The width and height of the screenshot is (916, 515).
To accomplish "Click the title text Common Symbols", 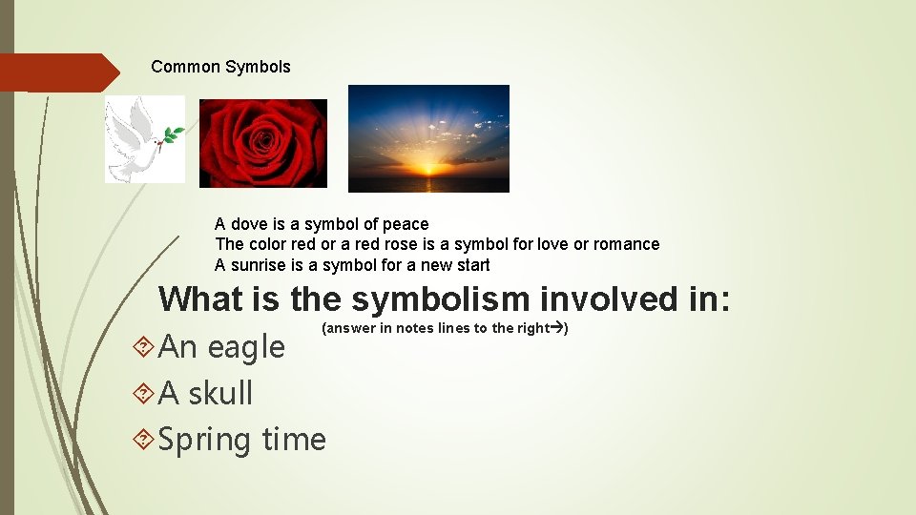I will pos(220,67).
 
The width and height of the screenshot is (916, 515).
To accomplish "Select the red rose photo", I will pos(262,143).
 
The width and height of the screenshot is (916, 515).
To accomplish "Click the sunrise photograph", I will pos(428,138).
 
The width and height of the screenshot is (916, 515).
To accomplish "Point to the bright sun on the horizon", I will pos(427,170).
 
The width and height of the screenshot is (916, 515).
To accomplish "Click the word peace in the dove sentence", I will pos(406,224).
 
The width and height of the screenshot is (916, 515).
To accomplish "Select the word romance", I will pos(626,244).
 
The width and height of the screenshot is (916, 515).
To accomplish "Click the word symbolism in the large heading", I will pos(442,299).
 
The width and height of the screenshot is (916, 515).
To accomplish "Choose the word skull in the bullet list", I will pos(219,393).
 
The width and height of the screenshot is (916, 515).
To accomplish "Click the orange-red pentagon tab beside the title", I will pos(57,72).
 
